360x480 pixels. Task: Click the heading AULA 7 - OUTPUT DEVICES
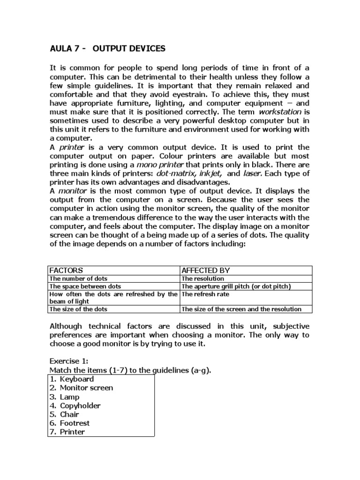pyautogui.click(x=107, y=49)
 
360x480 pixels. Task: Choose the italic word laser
pyautogui.click(x=252, y=173)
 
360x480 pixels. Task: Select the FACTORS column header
pyautogui.click(x=66, y=270)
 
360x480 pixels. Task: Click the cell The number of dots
pyautogui.click(x=79, y=278)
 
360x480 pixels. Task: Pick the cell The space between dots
pyautogui.click(x=85, y=286)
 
